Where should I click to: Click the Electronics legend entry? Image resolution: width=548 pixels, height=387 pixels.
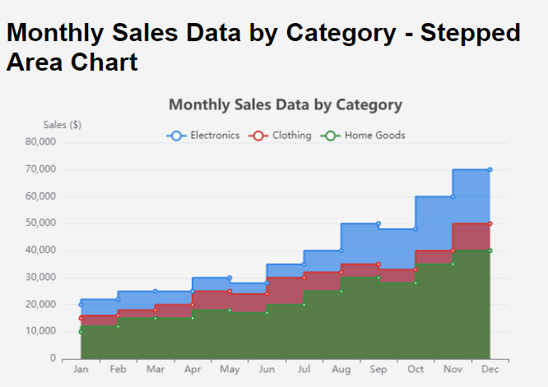click(x=204, y=136)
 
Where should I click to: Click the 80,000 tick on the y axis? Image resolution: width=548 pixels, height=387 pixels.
click(x=39, y=142)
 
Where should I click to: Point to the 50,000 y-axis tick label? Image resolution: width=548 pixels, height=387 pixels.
click(x=39, y=223)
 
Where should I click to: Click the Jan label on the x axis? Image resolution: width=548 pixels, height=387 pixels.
click(x=81, y=371)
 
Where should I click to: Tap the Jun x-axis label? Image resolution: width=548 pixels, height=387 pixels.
click(x=267, y=371)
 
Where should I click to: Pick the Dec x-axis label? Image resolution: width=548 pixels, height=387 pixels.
click(x=490, y=371)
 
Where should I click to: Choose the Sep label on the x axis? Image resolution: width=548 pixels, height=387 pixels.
click(x=378, y=371)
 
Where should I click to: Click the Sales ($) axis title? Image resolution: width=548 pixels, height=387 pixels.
click(x=63, y=125)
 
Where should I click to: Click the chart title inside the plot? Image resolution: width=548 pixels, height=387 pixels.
click(x=285, y=105)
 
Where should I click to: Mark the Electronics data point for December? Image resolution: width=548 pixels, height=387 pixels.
click(x=490, y=169)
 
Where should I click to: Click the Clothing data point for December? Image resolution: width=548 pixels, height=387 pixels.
click(x=490, y=223)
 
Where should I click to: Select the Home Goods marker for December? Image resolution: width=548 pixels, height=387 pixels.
click(x=490, y=251)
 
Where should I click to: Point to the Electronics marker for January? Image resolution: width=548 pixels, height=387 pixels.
click(x=81, y=305)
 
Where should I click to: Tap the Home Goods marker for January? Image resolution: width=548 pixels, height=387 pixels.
click(x=81, y=332)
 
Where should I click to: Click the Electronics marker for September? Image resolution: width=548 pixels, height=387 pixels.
click(x=378, y=223)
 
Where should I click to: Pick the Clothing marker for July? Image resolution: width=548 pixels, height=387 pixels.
click(x=304, y=278)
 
